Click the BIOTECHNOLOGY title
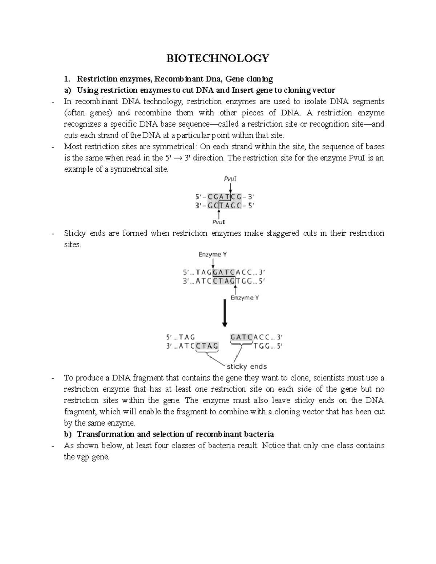tap(218, 58)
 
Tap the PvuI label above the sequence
tap(230, 179)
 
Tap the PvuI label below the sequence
tap(220, 222)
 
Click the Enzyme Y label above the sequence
tap(213, 255)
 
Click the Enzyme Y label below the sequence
tap(245, 298)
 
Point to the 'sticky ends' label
tap(247, 366)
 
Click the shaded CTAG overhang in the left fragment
tap(207, 346)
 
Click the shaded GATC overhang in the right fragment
tap(241, 337)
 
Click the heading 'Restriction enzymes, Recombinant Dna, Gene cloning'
tap(175, 79)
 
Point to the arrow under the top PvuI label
tap(230, 188)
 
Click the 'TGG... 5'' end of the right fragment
tap(267, 346)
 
